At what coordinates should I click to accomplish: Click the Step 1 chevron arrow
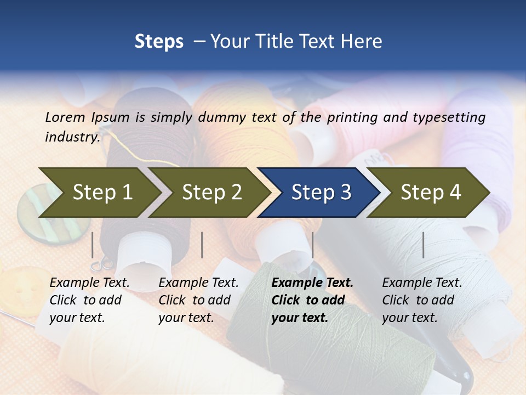click(x=101, y=192)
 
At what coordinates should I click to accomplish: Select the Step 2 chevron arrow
click(x=211, y=192)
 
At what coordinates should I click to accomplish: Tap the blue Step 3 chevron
click(x=320, y=192)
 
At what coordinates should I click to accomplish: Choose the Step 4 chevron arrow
click(x=430, y=192)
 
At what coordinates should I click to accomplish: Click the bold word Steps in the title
click(x=159, y=42)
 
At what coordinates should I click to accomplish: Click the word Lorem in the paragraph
click(x=65, y=117)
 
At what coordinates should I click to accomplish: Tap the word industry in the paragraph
click(x=72, y=137)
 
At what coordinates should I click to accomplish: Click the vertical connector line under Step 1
click(x=93, y=245)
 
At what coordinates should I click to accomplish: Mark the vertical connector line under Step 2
click(x=202, y=245)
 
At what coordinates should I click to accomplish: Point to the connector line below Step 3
click(x=312, y=245)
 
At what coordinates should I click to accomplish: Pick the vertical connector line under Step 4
click(x=423, y=245)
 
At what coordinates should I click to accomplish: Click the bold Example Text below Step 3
click(x=312, y=283)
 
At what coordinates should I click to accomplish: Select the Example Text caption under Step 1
click(x=89, y=283)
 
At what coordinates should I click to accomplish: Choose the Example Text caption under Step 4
click(x=422, y=283)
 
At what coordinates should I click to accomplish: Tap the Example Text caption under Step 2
click(x=198, y=283)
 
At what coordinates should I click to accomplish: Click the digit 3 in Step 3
click(x=345, y=192)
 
